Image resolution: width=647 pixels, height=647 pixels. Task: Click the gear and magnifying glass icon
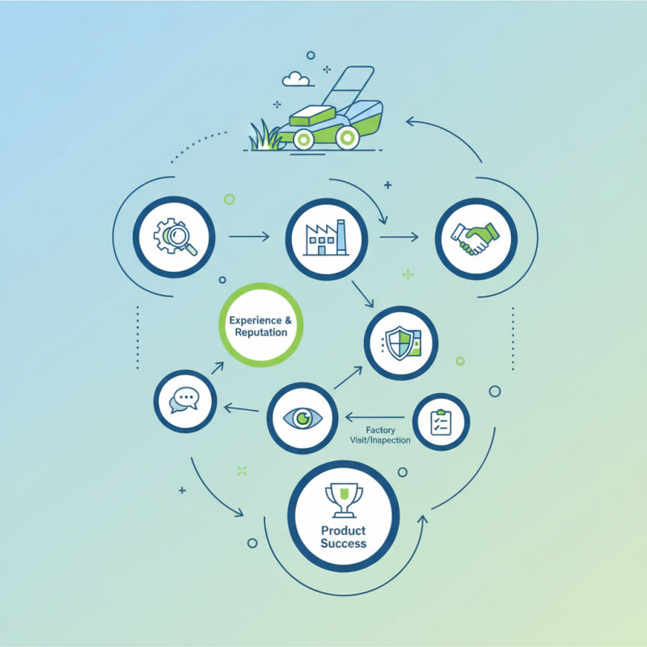pyautogui.click(x=175, y=236)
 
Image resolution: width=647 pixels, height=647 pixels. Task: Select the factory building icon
pyautogui.click(x=326, y=238)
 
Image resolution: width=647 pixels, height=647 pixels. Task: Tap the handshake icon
pyautogui.click(x=475, y=239)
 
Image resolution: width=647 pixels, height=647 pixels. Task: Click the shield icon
pyautogui.click(x=401, y=343)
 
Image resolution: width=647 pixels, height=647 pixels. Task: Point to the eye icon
pyautogui.click(x=302, y=418)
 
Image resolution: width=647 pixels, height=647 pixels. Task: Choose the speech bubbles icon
pyautogui.click(x=184, y=400)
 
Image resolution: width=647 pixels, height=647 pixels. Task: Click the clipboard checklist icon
pyautogui.click(x=441, y=422)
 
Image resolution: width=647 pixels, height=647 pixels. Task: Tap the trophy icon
pyautogui.click(x=344, y=500)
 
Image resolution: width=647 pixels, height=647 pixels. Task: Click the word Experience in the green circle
pyautogui.click(x=256, y=320)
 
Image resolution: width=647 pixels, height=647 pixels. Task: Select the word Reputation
pyautogui.click(x=260, y=332)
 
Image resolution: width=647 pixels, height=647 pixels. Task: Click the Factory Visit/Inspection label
pyautogui.click(x=380, y=435)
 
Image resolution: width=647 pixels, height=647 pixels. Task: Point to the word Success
pyautogui.click(x=343, y=543)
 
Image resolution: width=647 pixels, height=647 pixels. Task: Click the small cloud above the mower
pyautogui.click(x=296, y=78)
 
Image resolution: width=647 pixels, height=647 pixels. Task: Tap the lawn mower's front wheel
pyautogui.click(x=303, y=139)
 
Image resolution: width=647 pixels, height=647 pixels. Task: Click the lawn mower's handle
pyautogui.click(x=348, y=85)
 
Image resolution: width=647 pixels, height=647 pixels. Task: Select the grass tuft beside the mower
pyautogui.click(x=265, y=136)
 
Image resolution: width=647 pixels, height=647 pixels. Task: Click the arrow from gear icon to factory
pyautogui.click(x=249, y=236)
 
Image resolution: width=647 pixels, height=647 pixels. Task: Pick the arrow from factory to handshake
pyautogui.click(x=399, y=237)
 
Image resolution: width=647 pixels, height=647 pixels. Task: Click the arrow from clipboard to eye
pyautogui.click(x=374, y=417)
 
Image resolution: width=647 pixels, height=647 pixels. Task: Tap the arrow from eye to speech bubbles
pyautogui.click(x=241, y=409)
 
